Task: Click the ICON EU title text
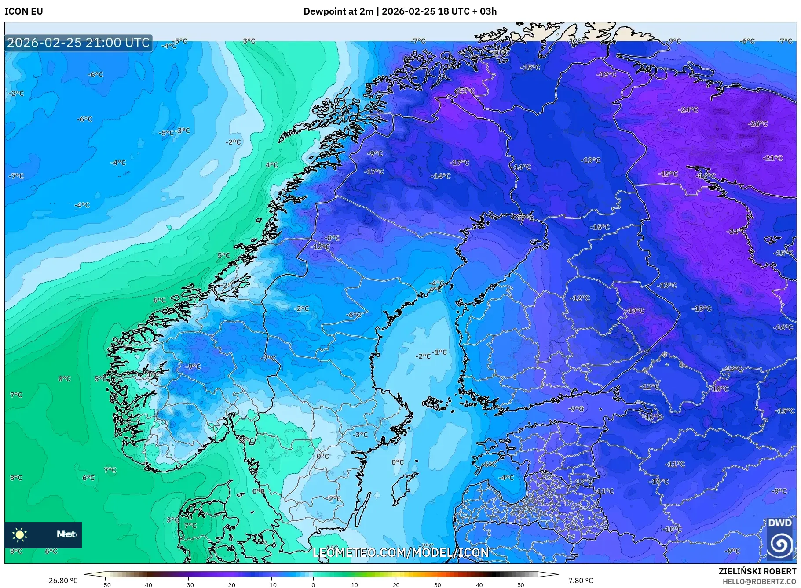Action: point(24,11)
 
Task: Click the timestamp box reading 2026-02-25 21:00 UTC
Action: point(78,43)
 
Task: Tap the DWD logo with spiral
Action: point(780,539)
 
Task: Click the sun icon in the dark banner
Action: point(20,535)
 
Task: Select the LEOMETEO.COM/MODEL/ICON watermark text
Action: point(400,552)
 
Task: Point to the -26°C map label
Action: point(757,124)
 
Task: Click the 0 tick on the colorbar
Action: point(313,584)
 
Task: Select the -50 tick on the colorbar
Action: point(106,584)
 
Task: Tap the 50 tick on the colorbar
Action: point(521,584)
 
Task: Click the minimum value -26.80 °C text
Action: point(62,581)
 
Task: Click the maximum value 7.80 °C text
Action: point(581,581)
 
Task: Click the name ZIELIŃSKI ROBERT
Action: point(757,571)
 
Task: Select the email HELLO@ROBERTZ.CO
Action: point(759,581)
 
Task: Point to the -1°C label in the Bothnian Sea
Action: point(439,352)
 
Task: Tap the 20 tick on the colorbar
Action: point(396,584)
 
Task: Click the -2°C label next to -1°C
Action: point(423,356)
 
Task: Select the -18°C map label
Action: point(720,388)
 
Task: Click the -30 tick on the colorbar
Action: point(189,584)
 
